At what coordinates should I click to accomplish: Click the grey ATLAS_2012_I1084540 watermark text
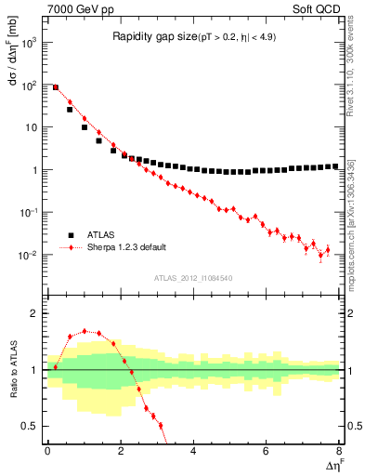(193, 278)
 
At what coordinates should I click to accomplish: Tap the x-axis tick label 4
(193, 450)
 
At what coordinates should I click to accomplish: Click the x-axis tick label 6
(267, 450)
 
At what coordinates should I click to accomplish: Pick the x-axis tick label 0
(47, 450)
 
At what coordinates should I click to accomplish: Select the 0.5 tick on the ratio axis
(33, 426)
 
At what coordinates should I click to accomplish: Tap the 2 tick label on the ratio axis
(37, 313)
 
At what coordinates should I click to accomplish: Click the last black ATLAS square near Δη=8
(335, 166)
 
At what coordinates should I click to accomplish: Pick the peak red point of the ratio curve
(85, 330)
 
